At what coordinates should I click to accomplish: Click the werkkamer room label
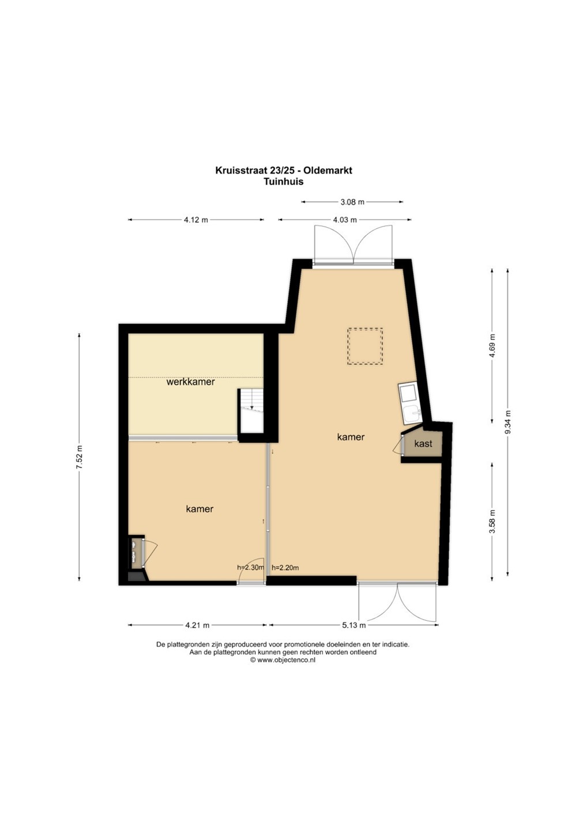(x=190, y=382)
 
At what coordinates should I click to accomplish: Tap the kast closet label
(x=423, y=444)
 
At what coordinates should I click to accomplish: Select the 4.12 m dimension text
(x=196, y=220)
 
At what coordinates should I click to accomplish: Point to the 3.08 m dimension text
(x=352, y=202)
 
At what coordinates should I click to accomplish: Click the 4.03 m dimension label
(x=345, y=220)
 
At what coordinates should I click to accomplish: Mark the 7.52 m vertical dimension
(x=79, y=457)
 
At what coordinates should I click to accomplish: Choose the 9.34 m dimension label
(x=507, y=422)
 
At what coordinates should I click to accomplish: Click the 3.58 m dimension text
(x=492, y=522)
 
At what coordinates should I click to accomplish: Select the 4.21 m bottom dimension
(x=197, y=625)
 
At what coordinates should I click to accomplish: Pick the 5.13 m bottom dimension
(x=353, y=625)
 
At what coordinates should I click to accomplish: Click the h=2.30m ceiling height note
(x=251, y=567)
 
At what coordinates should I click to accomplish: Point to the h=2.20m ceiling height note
(x=285, y=567)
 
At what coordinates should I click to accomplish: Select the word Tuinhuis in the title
(x=283, y=182)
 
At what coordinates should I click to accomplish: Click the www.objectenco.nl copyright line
(x=283, y=661)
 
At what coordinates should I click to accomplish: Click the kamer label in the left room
(x=200, y=509)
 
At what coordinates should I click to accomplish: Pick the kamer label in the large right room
(x=351, y=437)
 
